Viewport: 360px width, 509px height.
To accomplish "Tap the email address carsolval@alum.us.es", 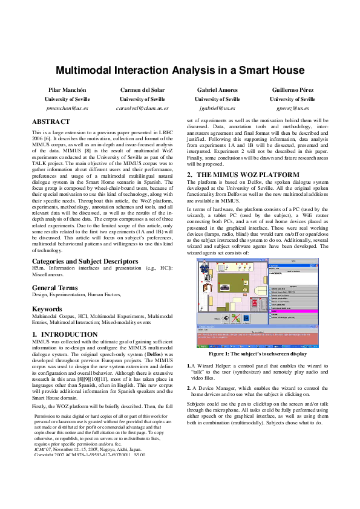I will click(142, 108).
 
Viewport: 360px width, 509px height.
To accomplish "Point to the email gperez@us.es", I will click(292, 108).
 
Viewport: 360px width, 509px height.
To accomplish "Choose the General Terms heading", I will click(54, 287).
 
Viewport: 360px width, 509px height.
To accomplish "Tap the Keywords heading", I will click(47, 308).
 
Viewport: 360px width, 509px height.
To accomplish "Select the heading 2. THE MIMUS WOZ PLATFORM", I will click(243, 175).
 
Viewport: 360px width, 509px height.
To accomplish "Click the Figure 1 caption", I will click(257, 354).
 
